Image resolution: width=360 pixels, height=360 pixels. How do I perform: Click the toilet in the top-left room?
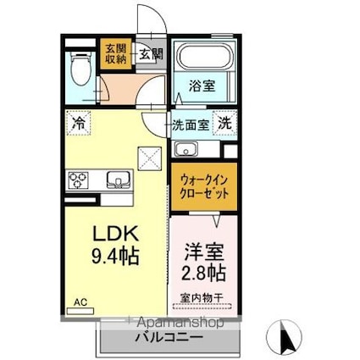[x=80, y=70]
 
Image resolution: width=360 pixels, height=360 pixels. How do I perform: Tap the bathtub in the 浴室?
[x=202, y=58]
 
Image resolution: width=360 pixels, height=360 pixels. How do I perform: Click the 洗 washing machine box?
[x=224, y=122]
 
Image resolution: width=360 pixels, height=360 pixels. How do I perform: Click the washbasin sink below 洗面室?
[x=186, y=150]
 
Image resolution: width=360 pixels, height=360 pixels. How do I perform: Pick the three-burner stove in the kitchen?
[x=79, y=180]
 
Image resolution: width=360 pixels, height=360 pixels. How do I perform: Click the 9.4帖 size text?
[x=109, y=255]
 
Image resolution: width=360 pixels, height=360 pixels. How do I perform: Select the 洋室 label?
[x=203, y=252]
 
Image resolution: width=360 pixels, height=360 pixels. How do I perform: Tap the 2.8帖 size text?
[x=203, y=274]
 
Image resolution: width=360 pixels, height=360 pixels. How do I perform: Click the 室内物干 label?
[x=202, y=297]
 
